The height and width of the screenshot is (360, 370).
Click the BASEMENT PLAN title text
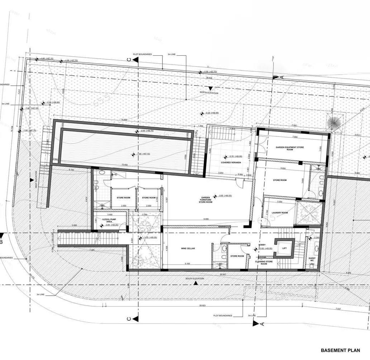pos(340,350)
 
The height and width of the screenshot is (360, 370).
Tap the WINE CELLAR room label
pos(188,248)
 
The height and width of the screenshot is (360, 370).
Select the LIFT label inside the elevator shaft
pos(284,248)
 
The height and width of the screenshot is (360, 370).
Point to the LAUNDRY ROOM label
pos(280,213)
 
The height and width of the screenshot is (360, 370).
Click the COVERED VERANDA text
pos(231,162)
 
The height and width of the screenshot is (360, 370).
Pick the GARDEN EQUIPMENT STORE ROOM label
pos(290,148)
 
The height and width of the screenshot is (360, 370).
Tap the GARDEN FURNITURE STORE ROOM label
pos(206,200)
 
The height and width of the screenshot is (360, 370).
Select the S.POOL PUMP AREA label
pos(110,220)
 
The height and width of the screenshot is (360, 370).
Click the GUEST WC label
pos(312,260)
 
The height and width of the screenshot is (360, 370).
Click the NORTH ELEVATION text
pos(209,93)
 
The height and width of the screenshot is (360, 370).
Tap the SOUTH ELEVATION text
pos(195,279)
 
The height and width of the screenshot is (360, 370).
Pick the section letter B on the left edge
pos(1,243)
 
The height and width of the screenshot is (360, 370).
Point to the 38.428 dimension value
pos(209,78)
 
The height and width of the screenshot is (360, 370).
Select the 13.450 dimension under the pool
pos(125,165)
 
